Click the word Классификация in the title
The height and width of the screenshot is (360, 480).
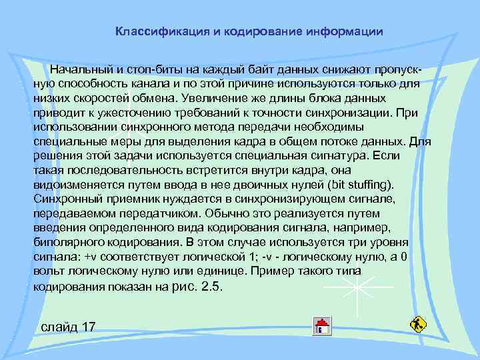[x=155, y=31]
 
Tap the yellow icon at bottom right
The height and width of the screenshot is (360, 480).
[x=417, y=325]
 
